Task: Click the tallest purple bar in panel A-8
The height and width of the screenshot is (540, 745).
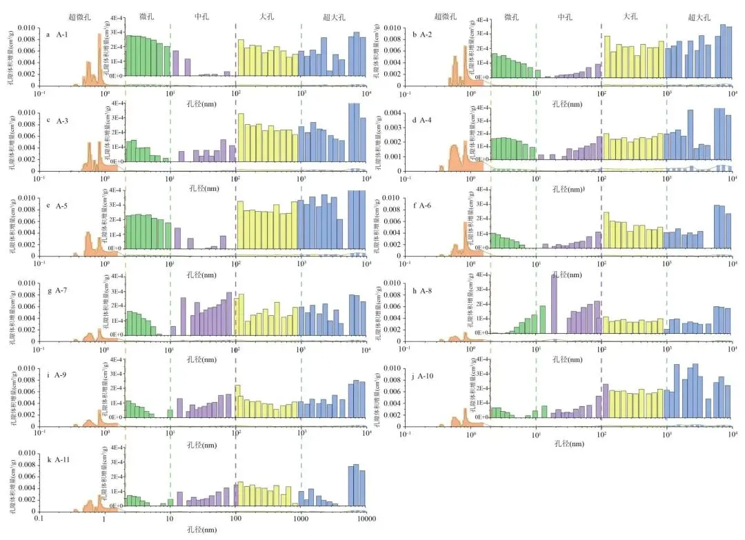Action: click(554, 303)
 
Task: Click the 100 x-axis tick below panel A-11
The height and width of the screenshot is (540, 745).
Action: click(235, 519)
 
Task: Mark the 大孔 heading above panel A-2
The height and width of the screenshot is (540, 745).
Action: click(630, 17)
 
